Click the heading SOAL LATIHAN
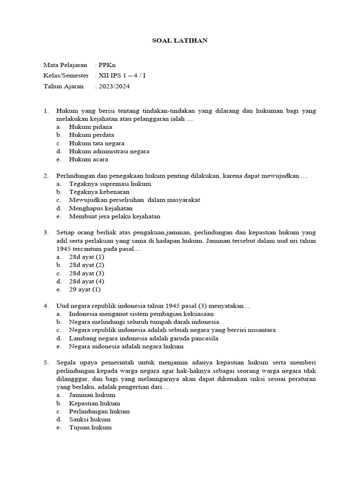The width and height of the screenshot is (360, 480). (180, 41)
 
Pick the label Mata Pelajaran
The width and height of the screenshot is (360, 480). (65, 65)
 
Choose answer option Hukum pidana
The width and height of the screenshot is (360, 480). (90, 127)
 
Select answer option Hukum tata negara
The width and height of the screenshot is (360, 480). (97, 143)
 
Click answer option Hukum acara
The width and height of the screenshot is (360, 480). (89, 159)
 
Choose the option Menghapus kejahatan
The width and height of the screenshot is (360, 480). (101, 208)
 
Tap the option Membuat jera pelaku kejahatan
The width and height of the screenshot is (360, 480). (115, 217)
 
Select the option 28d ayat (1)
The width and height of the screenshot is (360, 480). (87, 257)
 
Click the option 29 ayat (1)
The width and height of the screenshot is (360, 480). (85, 289)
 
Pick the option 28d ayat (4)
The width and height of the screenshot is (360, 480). (87, 281)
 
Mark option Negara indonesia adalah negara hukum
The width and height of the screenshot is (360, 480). (126, 346)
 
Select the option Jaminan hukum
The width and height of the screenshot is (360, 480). (92, 395)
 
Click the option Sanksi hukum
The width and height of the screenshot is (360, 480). (90, 420)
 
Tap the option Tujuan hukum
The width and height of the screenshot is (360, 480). (90, 427)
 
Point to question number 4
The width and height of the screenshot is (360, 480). (46, 306)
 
